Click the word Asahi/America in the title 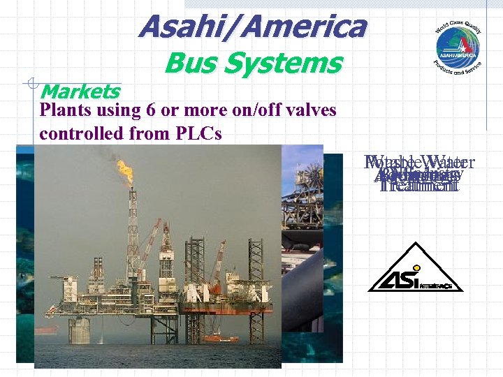coord(251,27)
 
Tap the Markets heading coord(80,91)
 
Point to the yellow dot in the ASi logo coord(416,267)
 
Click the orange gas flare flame coord(125,170)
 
